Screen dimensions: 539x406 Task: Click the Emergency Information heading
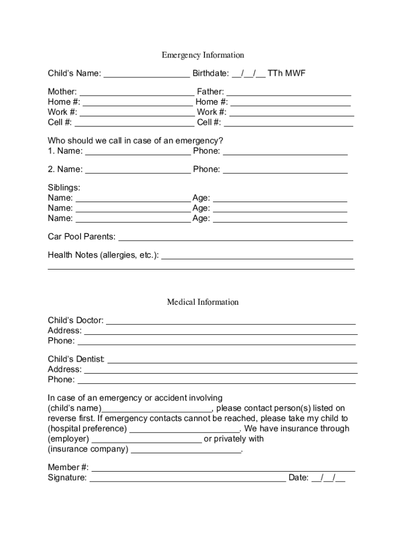coord(202,55)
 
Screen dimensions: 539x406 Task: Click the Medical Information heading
coord(202,302)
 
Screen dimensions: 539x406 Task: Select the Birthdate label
coord(210,73)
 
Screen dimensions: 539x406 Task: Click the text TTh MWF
coord(286,73)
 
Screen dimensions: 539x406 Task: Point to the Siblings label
coord(64,187)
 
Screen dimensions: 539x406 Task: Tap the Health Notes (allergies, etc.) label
coord(103,255)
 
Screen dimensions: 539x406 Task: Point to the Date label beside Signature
coord(298,478)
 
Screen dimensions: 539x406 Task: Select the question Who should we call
coord(136,141)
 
